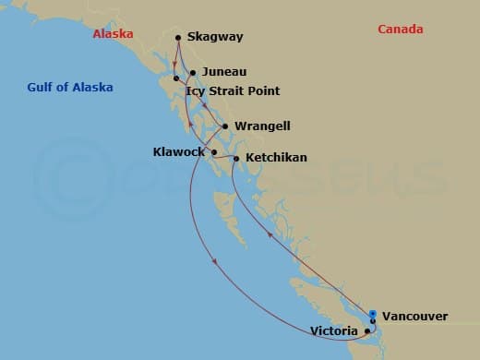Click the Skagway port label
215,37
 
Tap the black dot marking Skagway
177,38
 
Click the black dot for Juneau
193,72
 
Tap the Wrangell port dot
226,126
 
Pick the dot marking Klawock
214,152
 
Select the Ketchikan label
276,158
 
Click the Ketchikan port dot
237,159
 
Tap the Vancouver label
414,316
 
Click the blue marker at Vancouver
373,314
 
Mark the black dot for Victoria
367,330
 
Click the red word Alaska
114,34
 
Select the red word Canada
401,30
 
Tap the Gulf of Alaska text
70,88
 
